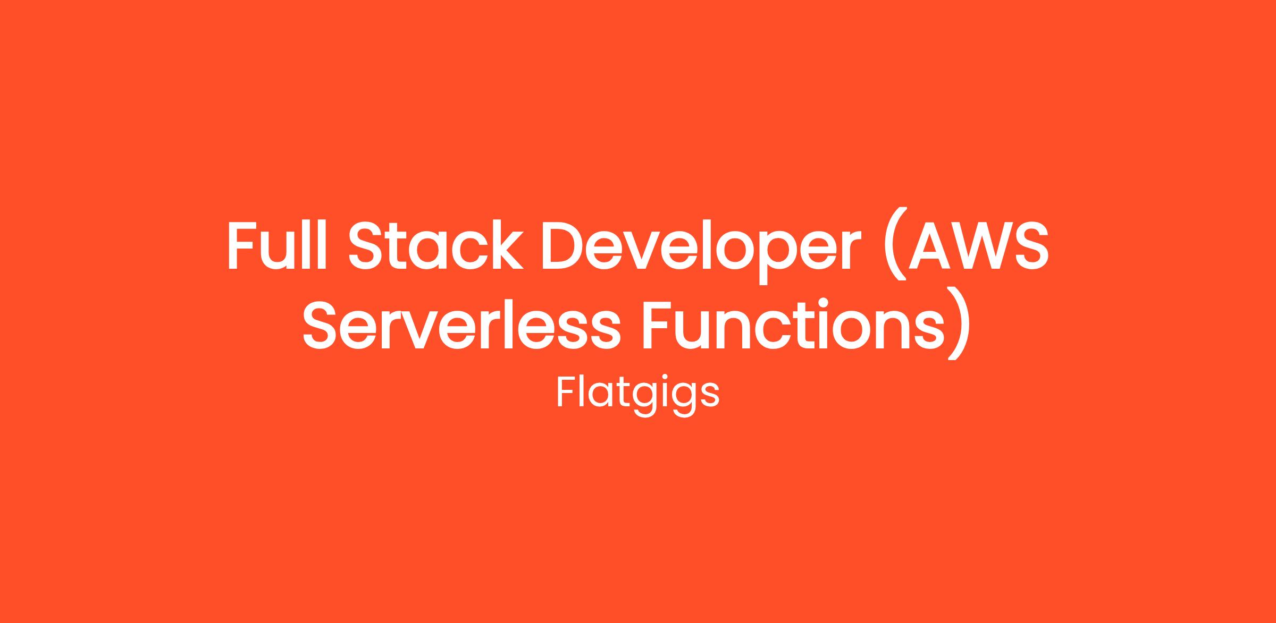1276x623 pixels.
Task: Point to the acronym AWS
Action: click(x=978, y=246)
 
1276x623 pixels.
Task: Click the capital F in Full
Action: click(x=242, y=246)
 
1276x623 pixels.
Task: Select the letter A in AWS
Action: click(x=928, y=246)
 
